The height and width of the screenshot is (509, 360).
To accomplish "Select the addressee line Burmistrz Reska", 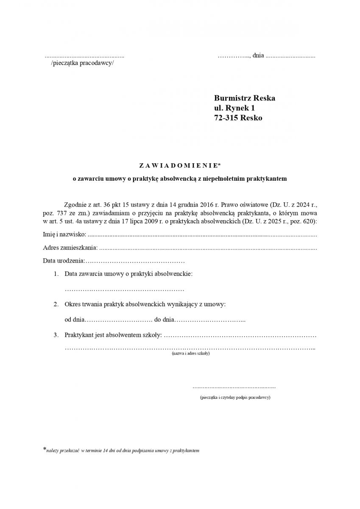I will (245, 98).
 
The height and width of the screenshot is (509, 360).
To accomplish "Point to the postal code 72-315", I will (226, 118).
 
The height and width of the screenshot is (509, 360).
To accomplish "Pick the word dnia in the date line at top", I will (258, 55).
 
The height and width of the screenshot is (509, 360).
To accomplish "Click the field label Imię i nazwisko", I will (64, 234).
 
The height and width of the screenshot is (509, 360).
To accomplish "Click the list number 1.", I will (56, 274).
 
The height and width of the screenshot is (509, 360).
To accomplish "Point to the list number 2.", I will (56, 305).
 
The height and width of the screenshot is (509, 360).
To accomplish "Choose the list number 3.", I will (56, 335).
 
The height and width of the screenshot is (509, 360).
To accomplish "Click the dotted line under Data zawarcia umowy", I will (124, 290).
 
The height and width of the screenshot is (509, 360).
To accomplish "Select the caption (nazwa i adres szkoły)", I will (190, 353).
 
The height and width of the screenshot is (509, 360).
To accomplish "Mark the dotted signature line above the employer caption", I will (234, 387).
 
